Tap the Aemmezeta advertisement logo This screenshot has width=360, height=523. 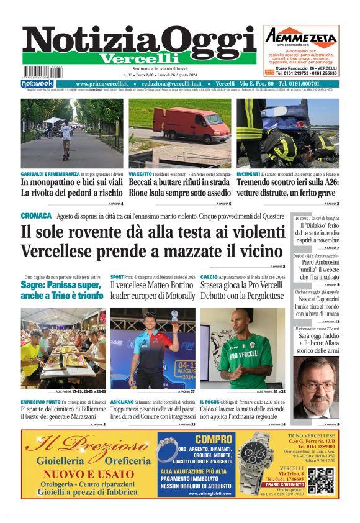(x=300, y=37)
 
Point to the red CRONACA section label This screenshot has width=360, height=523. (x=35, y=215)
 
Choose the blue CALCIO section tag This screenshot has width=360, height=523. (x=209, y=276)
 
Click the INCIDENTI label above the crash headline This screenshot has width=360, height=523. (x=248, y=175)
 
